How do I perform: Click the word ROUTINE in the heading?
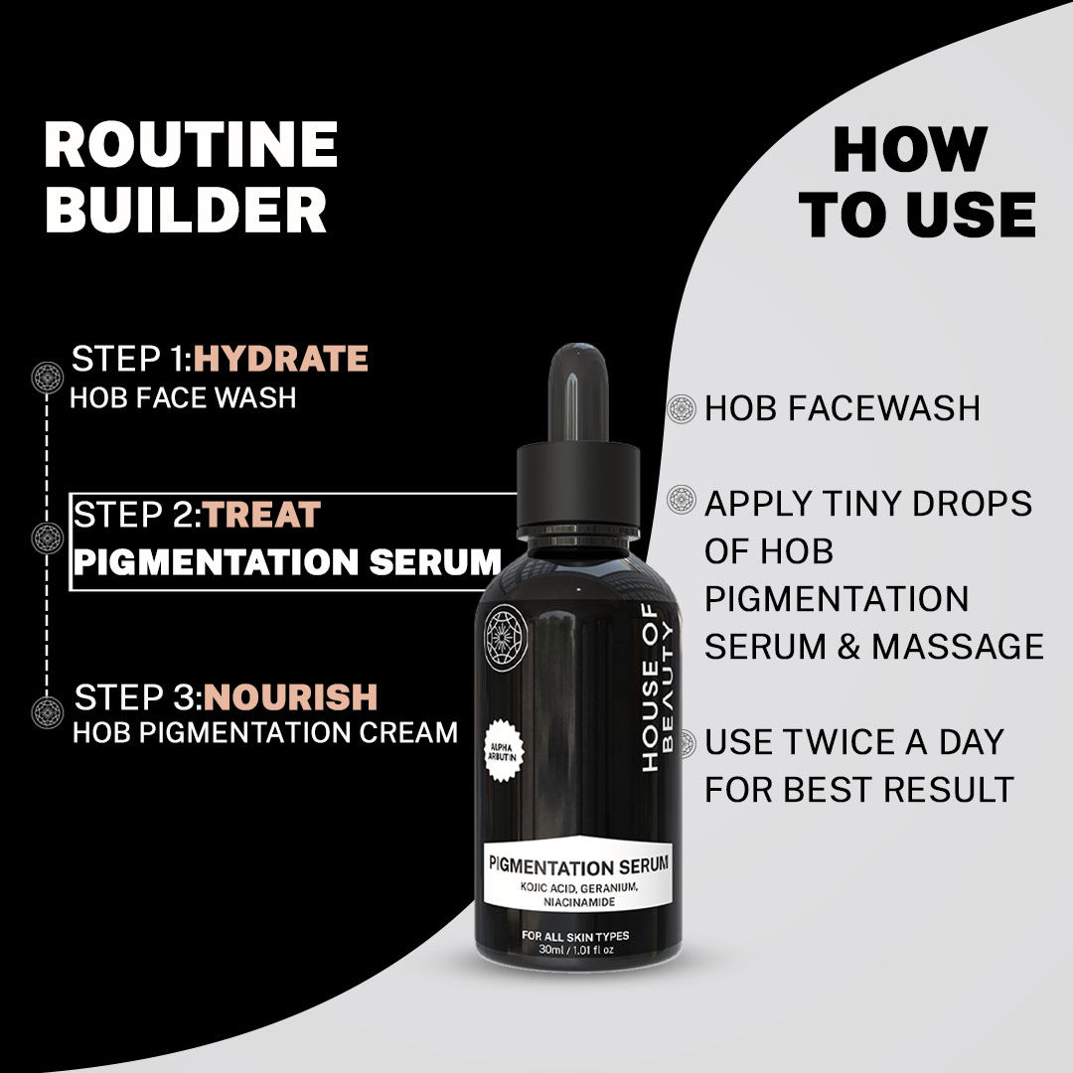(191, 146)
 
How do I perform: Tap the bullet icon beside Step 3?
(47, 711)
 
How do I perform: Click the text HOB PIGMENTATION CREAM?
(265, 732)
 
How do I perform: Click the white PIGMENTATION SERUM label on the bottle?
(578, 878)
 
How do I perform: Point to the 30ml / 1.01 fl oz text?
(575, 950)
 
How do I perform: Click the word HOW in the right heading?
(909, 150)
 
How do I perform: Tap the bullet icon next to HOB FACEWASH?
(682, 407)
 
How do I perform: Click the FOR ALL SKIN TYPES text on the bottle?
(575, 936)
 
